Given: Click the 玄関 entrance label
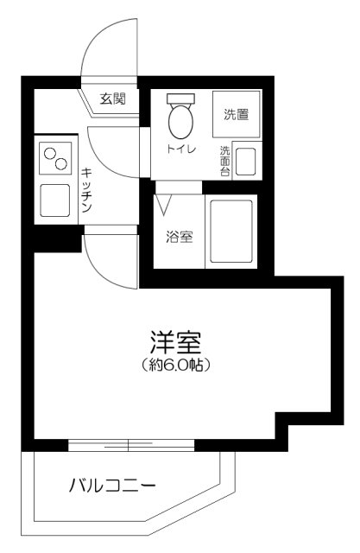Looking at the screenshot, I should pyautogui.click(x=113, y=99).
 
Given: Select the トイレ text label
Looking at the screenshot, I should pyautogui.click(x=181, y=150).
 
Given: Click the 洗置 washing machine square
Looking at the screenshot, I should pyautogui.click(x=236, y=115).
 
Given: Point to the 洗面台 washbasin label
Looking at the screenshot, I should pyautogui.click(x=224, y=160).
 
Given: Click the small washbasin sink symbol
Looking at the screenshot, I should pyautogui.click(x=245, y=162).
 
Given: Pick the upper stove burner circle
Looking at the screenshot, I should pyautogui.click(x=50, y=154).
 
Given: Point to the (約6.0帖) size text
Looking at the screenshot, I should pyautogui.click(x=177, y=365).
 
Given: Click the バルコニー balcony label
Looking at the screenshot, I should pyautogui.click(x=112, y=486).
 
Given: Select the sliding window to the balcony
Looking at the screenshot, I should pyautogui.click(x=129, y=445).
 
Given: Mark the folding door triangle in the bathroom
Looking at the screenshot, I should pyautogui.click(x=165, y=204).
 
